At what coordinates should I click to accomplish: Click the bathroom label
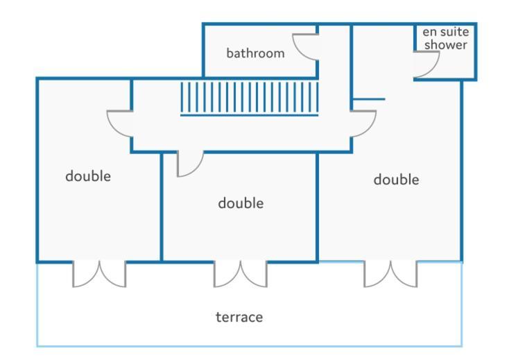coord(255,53)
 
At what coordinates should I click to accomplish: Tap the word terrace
coord(239,317)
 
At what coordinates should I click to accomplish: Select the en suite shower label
coord(446,38)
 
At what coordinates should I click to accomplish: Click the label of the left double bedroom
coord(88,176)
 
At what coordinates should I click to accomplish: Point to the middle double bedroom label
coord(241,203)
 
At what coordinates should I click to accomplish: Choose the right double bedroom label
coord(397,179)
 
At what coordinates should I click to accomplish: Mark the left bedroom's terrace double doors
coord(99,274)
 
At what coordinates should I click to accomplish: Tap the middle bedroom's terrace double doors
coord(240,274)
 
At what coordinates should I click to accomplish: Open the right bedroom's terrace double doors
coord(390,274)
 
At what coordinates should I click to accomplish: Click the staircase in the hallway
coord(250,98)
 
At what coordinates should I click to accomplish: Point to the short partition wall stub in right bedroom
coord(369,99)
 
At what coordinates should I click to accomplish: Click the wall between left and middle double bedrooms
coord(161,207)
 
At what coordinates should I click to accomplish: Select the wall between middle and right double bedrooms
coord(317,207)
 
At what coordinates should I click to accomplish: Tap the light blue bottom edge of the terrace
coord(250,346)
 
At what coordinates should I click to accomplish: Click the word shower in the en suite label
coord(446,44)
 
